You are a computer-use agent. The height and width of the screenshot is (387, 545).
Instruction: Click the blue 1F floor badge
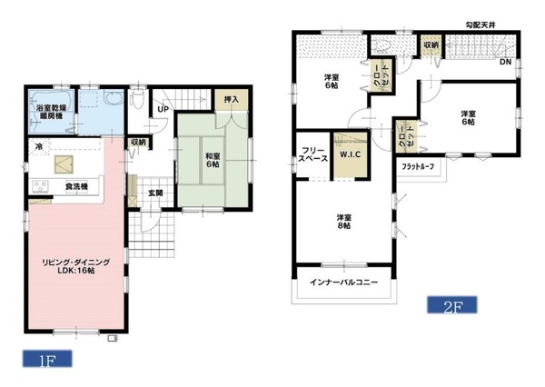[47, 359]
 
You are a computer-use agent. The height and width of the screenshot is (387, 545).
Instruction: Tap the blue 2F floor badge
[452, 305]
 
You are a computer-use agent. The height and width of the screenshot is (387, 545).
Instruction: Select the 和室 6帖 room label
[213, 160]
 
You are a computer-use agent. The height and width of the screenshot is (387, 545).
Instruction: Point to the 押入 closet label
[231, 100]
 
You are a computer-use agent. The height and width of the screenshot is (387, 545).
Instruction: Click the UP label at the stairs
[163, 109]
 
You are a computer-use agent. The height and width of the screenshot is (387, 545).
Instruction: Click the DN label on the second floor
[505, 63]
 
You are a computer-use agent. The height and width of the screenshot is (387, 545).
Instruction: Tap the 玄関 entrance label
[155, 193]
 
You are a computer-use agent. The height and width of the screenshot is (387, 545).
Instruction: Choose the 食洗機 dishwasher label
[76, 187]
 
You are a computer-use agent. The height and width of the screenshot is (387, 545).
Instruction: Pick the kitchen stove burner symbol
[40, 186]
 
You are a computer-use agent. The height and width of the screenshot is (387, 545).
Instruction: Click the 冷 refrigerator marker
[39, 146]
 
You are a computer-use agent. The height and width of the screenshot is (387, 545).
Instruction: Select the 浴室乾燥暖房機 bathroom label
[51, 112]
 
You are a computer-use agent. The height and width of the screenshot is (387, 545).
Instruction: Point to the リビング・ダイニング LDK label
[75, 266]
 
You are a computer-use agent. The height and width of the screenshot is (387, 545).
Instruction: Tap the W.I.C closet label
[350, 154]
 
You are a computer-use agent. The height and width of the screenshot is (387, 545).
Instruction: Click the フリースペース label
[312, 154]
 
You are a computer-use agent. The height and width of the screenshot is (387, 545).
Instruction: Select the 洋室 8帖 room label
[343, 222]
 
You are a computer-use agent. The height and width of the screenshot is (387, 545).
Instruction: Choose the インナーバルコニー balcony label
[343, 282]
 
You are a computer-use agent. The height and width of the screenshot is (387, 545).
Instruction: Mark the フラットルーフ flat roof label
[418, 166]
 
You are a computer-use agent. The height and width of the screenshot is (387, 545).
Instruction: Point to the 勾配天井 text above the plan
[481, 25]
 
